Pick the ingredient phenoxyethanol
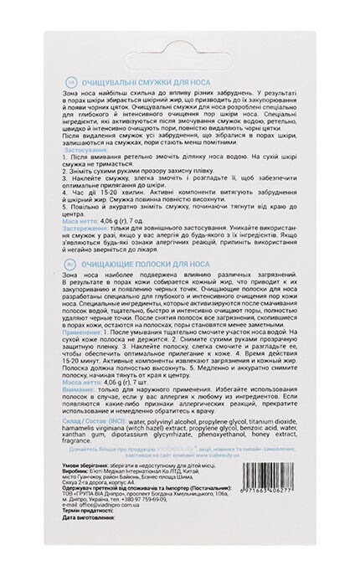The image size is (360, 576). click(x=208, y=470)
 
